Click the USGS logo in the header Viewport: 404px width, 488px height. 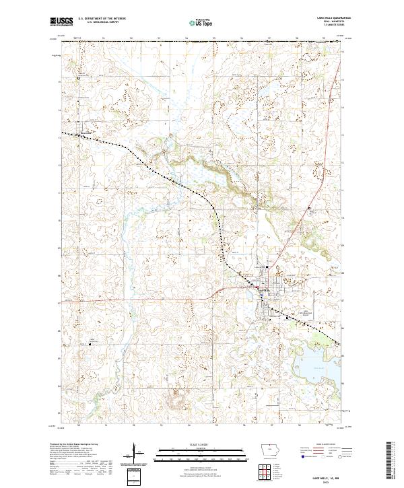(x=61, y=22)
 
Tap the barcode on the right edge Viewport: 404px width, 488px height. (x=389, y=458)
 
